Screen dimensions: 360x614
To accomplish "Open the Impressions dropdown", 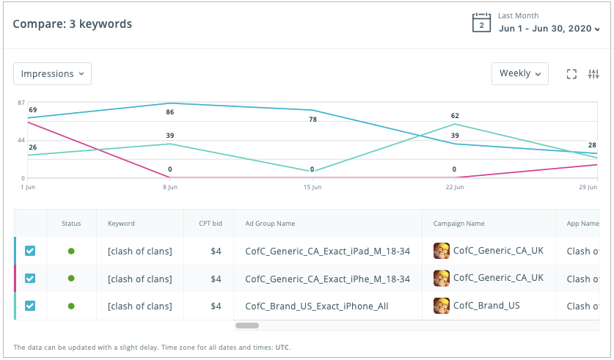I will (x=52, y=74).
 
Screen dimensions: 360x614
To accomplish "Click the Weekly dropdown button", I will (x=519, y=73).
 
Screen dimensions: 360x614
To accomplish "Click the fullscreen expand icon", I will (x=572, y=74).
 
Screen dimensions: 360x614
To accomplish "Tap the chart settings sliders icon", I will (x=594, y=74).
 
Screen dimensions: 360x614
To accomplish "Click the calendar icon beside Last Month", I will (x=480, y=23).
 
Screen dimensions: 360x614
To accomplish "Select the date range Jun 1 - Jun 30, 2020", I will (x=549, y=29).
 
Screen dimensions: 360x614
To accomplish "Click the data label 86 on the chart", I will (x=170, y=112).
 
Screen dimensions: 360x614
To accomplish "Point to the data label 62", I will (x=455, y=116).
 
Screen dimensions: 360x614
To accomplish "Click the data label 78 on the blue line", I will (x=313, y=120).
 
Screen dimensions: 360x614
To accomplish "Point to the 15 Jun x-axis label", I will (x=313, y=188).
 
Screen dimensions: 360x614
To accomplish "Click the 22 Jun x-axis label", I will (x=455, y=188).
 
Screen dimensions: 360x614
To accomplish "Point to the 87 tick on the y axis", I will (x=22, y=103).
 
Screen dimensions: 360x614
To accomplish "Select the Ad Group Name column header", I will (x=264, y=224).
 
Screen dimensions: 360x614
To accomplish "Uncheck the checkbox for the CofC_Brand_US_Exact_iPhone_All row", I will (x=30, y=306).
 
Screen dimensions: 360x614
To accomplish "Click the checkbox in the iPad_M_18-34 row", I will (x=30, y=251).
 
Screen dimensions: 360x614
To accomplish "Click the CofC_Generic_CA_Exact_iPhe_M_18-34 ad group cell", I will (x=327, y=279).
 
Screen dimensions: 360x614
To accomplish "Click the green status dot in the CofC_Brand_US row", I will (x=71, y=306).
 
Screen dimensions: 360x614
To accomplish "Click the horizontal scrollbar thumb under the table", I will (x=247, y=325).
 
